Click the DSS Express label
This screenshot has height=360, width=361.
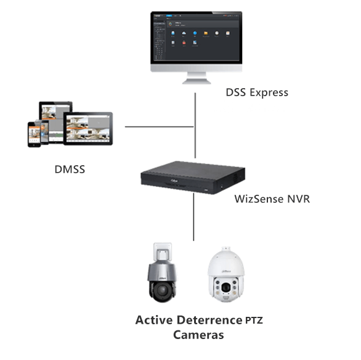[257, 92]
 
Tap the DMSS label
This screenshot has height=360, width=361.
[68, 168]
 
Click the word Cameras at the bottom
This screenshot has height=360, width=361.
[198, 335]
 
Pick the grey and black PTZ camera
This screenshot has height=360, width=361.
[162, 276]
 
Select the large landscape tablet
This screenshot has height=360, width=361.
[88, 128]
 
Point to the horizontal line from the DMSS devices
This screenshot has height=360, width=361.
[160, 128]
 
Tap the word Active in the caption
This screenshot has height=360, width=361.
[155, 320]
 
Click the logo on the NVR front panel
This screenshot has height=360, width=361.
[171, 181]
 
